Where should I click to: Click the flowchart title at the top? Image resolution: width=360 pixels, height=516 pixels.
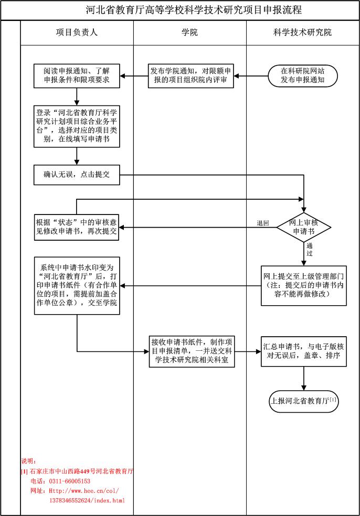tap(194, 10)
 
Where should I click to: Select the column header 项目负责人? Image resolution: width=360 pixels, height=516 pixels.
tap(77, 33)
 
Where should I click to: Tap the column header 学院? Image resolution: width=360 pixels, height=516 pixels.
tap(189, 33)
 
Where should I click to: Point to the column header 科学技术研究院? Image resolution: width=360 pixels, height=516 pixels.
tap(303, 33)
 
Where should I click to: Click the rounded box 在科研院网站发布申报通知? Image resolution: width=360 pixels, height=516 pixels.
tap(303, 76)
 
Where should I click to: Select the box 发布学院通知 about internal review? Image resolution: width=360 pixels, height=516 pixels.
tap(189, 76)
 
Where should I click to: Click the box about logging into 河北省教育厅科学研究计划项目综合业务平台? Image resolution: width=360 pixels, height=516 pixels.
tap(77, 126)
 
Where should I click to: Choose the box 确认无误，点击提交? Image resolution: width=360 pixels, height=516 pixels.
tap(77, 175)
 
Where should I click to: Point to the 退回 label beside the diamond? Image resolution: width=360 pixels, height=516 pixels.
tap(263, 223)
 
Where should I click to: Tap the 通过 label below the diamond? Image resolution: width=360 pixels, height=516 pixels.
tap(310, 249)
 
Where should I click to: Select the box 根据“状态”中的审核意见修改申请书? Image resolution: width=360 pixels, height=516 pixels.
tap(77, 227)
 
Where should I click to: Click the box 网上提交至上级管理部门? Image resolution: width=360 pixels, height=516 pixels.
tap(304, 285)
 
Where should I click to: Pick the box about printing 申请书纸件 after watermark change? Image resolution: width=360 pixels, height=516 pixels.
tap(77, 285)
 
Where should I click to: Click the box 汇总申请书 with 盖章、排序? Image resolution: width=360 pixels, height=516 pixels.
tap(304, 351)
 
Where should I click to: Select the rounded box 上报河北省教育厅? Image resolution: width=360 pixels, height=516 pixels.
tap(303, 401)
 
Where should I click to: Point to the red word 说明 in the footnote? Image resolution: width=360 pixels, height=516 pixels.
tap(28, 461)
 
